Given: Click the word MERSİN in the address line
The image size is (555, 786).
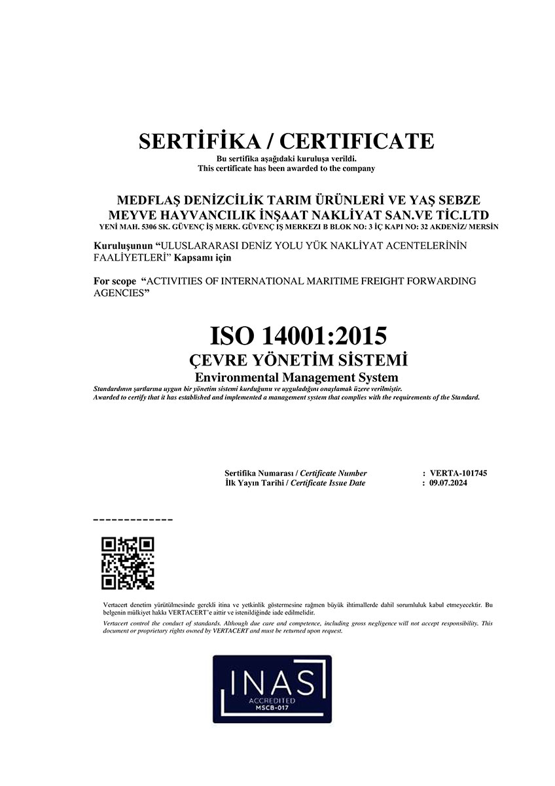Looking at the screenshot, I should (x=485, y=227).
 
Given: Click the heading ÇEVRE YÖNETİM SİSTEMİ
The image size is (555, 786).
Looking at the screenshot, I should (x=298, y=361).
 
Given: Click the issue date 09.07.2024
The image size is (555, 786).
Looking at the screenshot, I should (x=448, y=483).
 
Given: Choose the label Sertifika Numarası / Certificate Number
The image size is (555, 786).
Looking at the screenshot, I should (x=295, y=473).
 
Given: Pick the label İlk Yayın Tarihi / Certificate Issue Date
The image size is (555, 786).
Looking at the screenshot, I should (x=295, y=483).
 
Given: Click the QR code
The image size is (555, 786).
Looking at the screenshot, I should (x=128, y=563).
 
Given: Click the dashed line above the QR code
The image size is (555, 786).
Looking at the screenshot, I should (x=134, y=519).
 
